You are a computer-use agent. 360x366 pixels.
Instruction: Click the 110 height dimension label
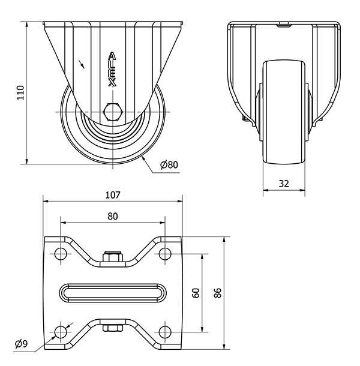20,92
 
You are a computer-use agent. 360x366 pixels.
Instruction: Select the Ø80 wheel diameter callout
169,165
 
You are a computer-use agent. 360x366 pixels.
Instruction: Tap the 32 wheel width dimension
284,184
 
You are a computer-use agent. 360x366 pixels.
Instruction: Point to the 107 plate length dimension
113,195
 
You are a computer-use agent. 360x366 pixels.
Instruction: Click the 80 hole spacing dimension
113,217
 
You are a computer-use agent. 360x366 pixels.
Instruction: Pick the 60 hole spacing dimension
196,293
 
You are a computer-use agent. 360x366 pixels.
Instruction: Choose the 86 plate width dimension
217,293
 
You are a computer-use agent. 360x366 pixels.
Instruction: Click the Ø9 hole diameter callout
21,344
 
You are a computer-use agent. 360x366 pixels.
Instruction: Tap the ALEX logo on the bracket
112,70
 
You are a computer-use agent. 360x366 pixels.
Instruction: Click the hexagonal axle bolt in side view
113,112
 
